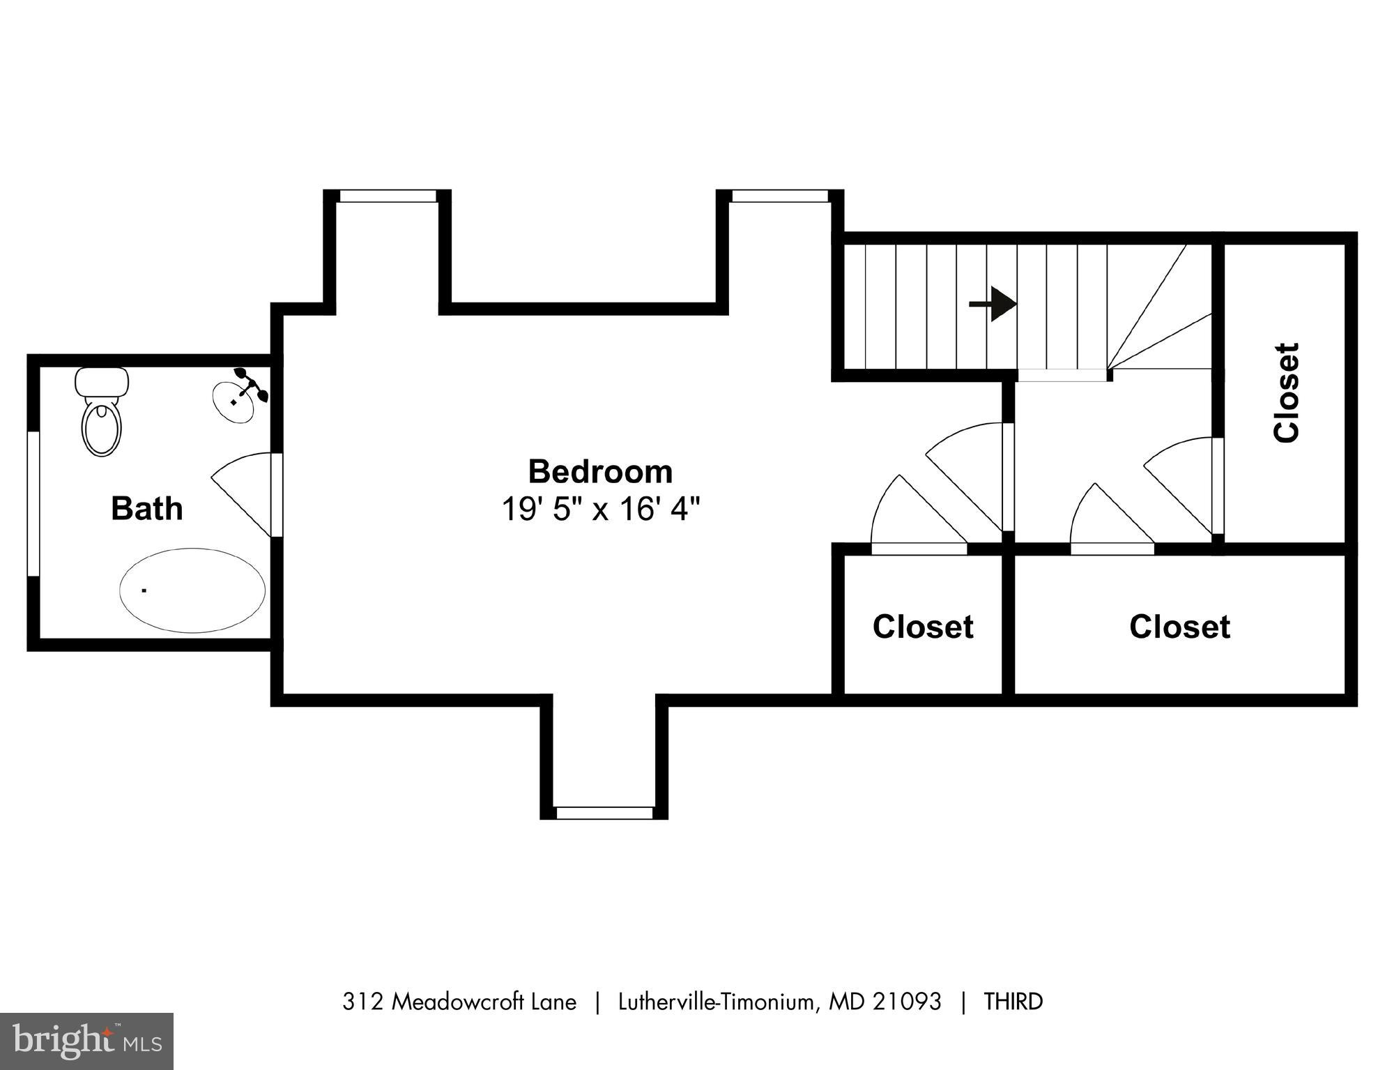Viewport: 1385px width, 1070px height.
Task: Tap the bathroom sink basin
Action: [234, 402]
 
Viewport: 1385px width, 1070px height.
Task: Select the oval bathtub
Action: [192, 590]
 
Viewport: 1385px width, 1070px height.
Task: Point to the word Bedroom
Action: [600, 472]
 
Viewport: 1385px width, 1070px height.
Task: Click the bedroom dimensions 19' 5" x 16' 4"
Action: [600, 510]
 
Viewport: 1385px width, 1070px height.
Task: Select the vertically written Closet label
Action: [1286, 392]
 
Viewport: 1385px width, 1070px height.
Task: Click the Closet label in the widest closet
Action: [1179, 627]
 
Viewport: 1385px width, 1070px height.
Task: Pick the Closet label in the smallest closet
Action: [923, 627]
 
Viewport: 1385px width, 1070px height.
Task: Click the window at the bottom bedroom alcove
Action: [604, 813]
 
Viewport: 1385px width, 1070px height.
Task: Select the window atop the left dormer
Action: [388, 197]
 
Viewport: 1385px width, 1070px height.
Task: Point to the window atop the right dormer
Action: [780, 197]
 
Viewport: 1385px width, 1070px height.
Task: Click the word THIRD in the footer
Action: [1013, 1002]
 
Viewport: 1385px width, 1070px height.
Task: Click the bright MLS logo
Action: [86, 1041]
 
